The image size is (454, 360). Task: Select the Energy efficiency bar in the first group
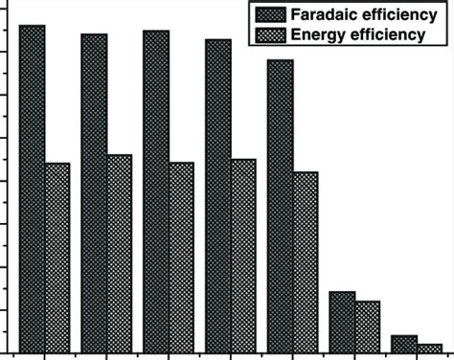click(x=57, y=258)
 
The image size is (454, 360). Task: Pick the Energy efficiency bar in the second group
click(x=120, y=254)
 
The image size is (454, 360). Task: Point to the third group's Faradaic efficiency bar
click(x=156, y=191)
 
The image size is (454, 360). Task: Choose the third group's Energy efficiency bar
click(x=182, y=258)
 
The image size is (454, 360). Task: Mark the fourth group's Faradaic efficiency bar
click(x=218, y=196)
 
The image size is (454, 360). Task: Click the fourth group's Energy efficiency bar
click(x=243, y=256)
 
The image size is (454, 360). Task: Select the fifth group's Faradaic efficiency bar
click(x=280, y=206)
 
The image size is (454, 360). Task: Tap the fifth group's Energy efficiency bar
click(x=306, y=262)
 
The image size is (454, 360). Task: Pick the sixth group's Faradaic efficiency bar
click(x=342, y=322)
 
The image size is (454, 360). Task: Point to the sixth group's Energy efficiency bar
click(x=367, y=326)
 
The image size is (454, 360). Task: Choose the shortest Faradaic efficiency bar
click(x=404, y=344)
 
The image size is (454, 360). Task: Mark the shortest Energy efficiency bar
click(x=429, y=348)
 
